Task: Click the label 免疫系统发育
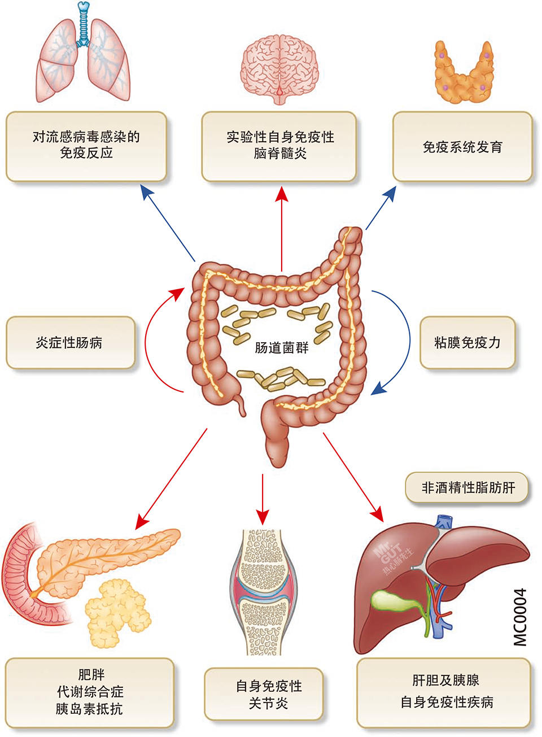tap(462, 147)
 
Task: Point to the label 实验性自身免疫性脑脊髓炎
tap(280, 145)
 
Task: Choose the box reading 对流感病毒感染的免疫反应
tap(86, 145)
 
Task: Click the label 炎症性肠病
tap(69, 343)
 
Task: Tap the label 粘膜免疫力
tap(467, 343)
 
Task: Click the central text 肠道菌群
tap(282, 347)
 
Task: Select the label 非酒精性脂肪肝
tap(468, 487)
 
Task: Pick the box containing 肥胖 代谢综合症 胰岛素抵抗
tap(89, 692)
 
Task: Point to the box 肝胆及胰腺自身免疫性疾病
tap(446, 691)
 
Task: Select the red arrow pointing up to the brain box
tap(281, 226)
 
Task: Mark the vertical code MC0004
tap(520, 616)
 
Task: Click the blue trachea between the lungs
tap(84, 25)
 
